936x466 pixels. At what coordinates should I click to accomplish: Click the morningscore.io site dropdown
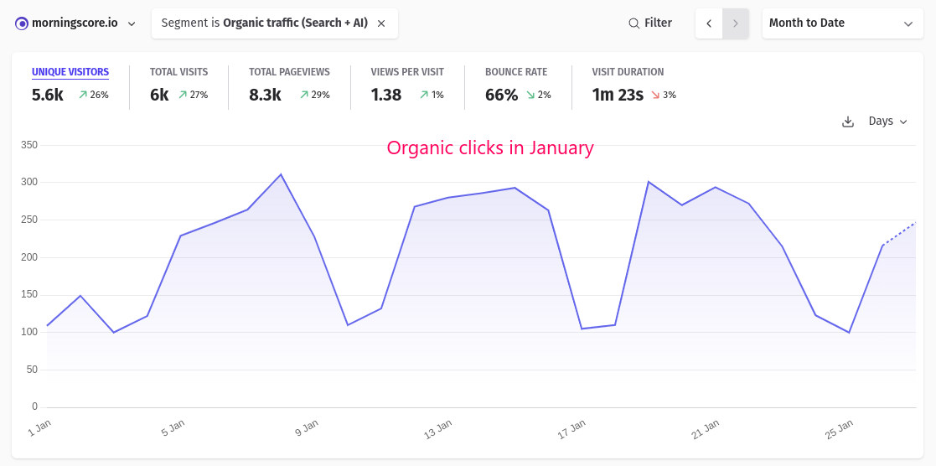pos(75,23)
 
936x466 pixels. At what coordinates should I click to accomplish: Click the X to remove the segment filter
pos(381,23)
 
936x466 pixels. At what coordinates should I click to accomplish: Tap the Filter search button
pos(650,23)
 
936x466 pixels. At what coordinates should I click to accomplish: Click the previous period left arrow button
pos(709,23)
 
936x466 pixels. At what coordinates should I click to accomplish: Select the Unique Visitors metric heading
pos(70,72)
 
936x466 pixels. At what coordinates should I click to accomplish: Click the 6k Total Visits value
pos(159,95)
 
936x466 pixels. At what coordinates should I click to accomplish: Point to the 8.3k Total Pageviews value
pos(265,95)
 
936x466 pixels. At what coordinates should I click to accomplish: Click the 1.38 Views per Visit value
pos(386,95)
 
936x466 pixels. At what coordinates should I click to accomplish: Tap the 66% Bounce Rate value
pos(501,95)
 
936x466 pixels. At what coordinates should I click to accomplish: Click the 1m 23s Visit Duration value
pos(618,95)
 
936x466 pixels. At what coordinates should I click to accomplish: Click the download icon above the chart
pos(848,122)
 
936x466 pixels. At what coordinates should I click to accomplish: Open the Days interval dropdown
pos(887,122)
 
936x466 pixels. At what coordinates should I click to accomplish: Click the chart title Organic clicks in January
pos(490,148)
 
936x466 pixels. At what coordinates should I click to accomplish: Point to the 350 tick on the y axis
pos(29,145)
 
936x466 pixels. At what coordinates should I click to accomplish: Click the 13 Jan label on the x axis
pos(437,430)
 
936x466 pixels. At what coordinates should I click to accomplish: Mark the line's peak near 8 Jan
pos(281,174)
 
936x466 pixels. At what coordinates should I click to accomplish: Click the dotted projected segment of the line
pos(899,234)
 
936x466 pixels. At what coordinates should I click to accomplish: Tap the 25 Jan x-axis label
pos(839,430)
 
